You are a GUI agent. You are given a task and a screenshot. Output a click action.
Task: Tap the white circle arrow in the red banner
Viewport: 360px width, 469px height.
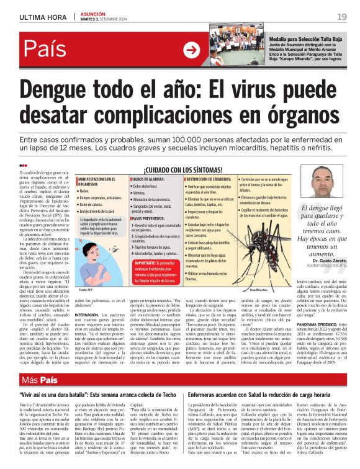point(192,50)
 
